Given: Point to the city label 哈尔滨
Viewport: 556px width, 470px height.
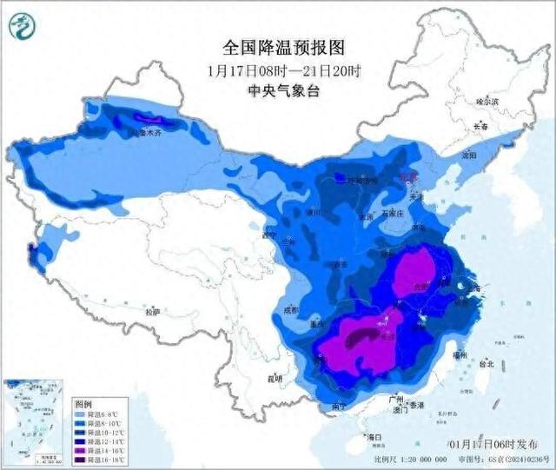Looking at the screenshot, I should [488, 102].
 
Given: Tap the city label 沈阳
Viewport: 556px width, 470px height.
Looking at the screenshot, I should [468, 156].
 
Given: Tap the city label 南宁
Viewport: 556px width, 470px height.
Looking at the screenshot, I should [341, 406].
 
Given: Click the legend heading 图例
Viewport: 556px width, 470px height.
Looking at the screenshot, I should [83, 404].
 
